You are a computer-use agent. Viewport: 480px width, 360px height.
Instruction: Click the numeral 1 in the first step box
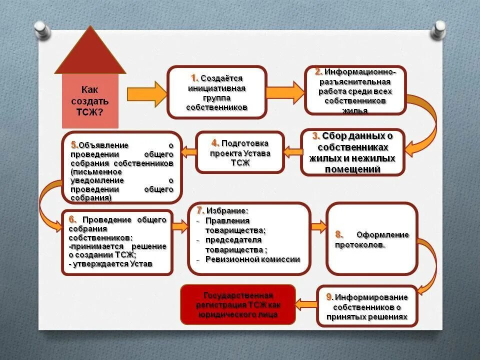tap(194, 78)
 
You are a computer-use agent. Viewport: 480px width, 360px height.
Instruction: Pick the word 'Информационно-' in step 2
tap(361, 72)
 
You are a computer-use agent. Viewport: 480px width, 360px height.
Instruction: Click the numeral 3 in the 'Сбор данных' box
tap(316, 136)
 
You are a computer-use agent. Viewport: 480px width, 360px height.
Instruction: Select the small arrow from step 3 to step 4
tap(292, 151)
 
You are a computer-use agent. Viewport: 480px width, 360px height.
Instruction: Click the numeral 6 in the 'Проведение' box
tap(72, 219)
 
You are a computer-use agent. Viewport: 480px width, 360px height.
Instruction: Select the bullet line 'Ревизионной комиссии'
tap(252, 259)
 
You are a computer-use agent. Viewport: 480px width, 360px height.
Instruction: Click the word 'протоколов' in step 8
tap(360, 245)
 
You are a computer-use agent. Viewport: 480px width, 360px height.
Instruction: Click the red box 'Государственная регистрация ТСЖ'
tap(238, 305)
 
